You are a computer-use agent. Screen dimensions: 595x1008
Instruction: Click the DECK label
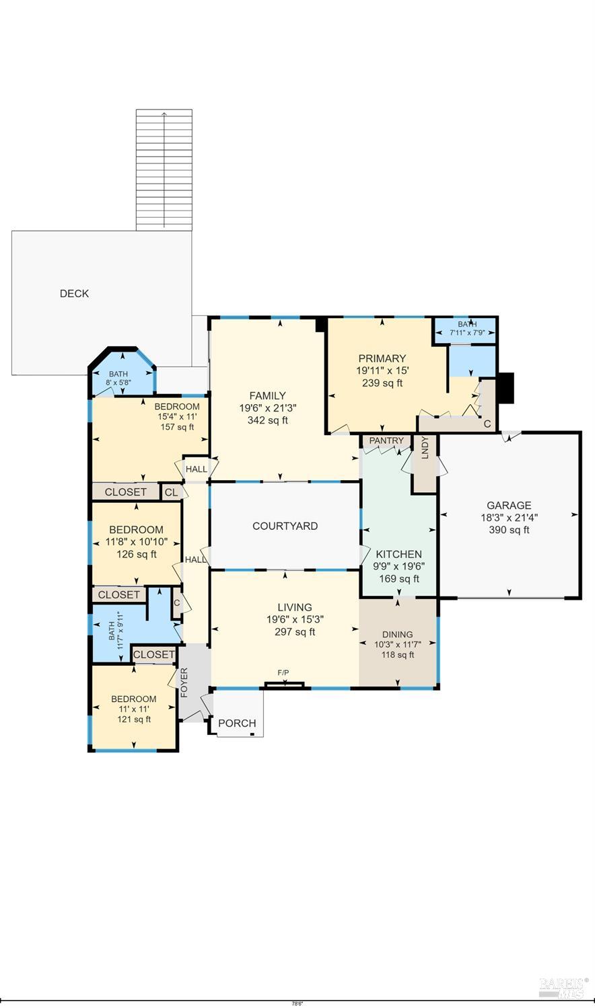(74, 293)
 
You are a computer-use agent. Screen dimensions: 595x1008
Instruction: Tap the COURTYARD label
(285, 526)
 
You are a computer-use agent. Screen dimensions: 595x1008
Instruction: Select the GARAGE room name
(509, 506)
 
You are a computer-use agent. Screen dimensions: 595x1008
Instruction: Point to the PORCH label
(237, 723)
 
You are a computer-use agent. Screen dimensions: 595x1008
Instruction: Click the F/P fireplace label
(283, 672)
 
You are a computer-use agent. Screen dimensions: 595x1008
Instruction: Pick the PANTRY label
(386, 440)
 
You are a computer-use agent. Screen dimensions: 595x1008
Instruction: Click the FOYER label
(184, 683)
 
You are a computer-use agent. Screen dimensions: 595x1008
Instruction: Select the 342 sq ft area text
(267, 420)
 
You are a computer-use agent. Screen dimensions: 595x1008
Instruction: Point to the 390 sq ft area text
(509, 530)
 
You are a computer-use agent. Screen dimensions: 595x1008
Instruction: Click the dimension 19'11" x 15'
(382, 371)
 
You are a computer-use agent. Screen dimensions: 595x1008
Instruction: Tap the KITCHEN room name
(398, 554)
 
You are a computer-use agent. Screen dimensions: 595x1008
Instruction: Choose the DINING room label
(397, 635)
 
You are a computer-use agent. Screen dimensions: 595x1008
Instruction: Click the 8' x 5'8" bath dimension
(118, 383)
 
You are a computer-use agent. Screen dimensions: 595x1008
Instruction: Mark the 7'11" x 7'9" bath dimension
(467, 333)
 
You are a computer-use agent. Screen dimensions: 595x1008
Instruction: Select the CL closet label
(171, 492)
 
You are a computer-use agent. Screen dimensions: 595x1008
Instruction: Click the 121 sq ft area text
(134, 719)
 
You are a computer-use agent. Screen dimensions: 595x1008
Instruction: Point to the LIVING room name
(295, 607)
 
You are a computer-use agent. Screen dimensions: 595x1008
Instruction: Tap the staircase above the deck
(164, 170)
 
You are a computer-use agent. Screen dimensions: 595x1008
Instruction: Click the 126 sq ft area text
(137, 554)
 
